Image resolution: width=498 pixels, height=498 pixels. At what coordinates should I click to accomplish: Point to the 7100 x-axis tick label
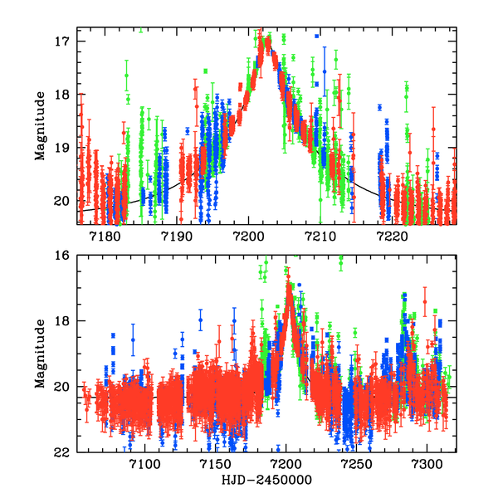click(x=145, y=466)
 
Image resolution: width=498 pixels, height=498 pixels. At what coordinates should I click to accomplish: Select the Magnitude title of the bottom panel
click(x=39, y=353)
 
